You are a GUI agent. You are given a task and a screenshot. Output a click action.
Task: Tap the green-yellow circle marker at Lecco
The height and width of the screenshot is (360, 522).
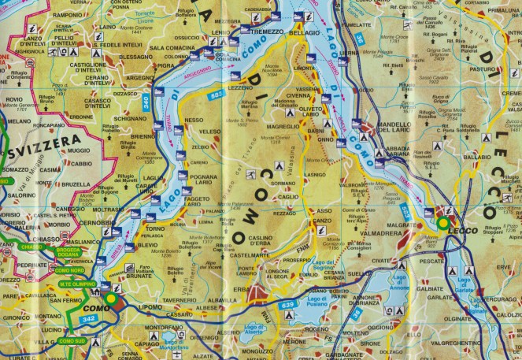tap(443, 224)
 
